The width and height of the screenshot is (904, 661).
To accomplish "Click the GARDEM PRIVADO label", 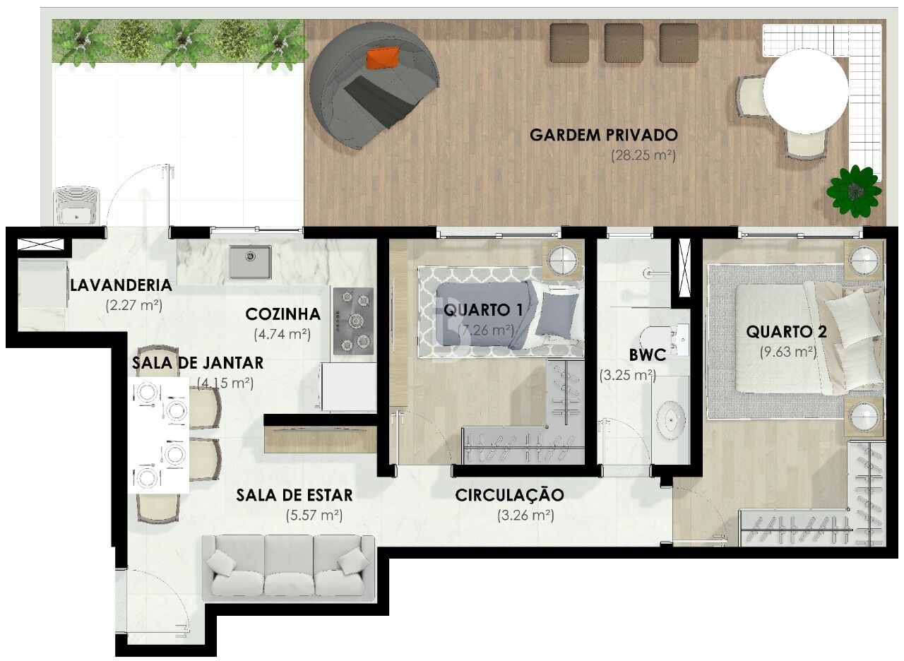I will tap(604, 135).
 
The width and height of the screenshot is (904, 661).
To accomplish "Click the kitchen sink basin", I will tap(250, 262).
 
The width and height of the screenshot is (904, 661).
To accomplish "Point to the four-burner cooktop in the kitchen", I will tap(353, 321).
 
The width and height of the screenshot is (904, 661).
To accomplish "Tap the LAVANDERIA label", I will tap(121, 285).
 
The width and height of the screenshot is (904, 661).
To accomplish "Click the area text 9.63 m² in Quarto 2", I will tap(788, 351).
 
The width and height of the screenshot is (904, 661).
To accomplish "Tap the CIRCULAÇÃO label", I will tap(509, 494).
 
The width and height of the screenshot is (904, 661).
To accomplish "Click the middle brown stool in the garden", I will tap(624, 42).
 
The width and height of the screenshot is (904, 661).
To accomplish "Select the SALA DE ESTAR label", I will tap(295, 494).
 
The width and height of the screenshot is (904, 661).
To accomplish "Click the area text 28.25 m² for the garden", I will tap(643, 155).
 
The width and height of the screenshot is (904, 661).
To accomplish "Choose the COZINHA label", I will tap(282, 314).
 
